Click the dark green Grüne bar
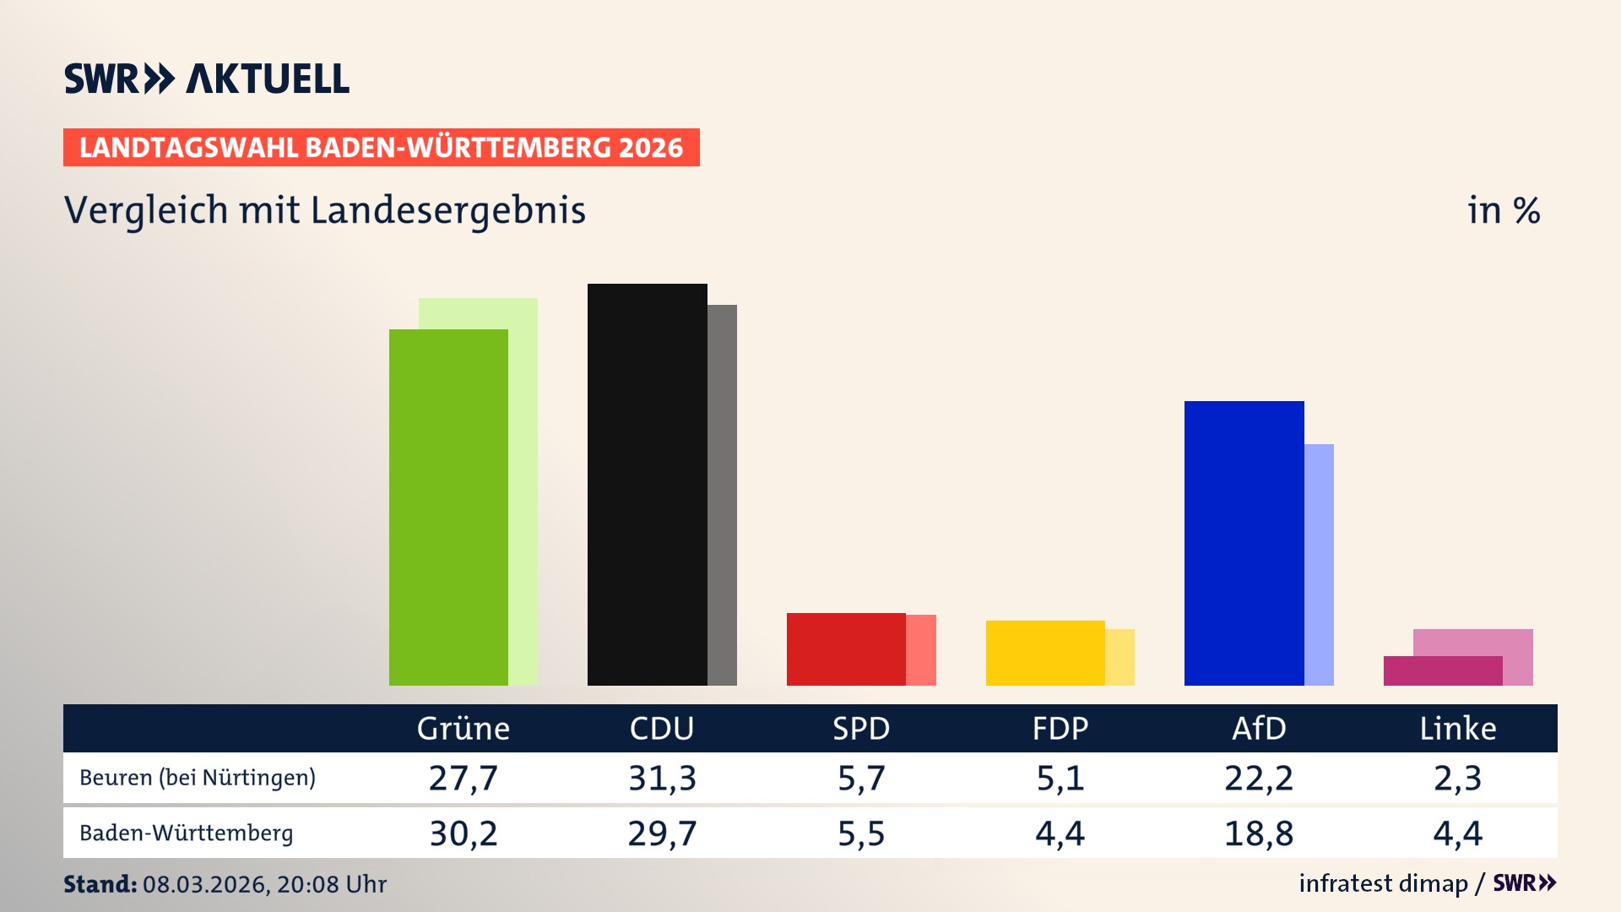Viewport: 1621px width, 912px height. (x=448, y=507)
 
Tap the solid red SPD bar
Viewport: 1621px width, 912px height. (x=846, y=649)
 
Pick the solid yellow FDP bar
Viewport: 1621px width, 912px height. (x=1045, y=653)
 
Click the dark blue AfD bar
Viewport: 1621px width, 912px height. (x=1244, y=543)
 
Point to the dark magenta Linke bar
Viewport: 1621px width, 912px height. (x=1443, y=670)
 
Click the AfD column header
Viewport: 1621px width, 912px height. (x=1259, y=728)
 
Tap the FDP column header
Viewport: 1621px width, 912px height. (x=1060, y=728)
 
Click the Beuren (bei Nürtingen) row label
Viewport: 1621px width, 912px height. (x=198, y=778)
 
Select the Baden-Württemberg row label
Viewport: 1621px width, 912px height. (x=187, y=833)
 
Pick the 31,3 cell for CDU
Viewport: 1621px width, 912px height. (x=662, y=778)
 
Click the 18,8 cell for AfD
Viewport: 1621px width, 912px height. (x=1259, y=833)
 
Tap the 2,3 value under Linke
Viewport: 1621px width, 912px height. (x=1457, y=778)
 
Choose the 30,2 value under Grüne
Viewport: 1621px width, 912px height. (x=464, y=833)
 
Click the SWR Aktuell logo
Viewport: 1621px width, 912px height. (x=207, y=79)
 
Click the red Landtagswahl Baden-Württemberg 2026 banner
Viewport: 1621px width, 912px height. (x=381, y=148)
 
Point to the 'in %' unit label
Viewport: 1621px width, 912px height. (x=1503, y=210)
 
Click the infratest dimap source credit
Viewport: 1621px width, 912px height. (x=1383, y=883)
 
